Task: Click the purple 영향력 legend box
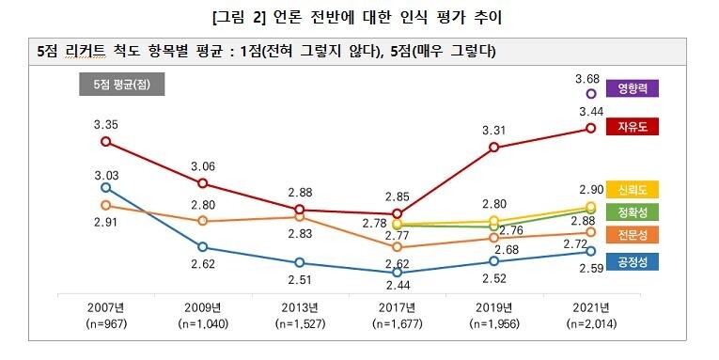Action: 633,88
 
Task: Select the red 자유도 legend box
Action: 633,126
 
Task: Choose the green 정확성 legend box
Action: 633,211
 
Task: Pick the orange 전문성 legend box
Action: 633,233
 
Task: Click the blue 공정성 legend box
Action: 633,262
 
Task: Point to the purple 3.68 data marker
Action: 591,94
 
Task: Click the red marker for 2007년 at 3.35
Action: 105,142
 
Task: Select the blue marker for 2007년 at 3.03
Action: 105,187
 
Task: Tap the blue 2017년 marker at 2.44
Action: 397,273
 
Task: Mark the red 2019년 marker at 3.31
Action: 494,148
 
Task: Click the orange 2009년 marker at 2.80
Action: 202,221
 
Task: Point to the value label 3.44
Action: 590,110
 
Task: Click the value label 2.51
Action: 300,279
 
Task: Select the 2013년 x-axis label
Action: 300,307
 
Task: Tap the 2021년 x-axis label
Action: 591,307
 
